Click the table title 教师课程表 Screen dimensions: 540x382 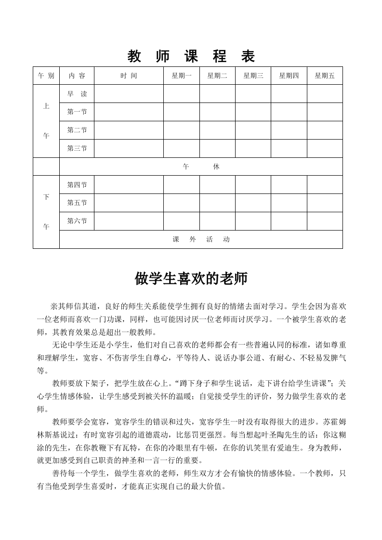pyautogui.click(x=191, y=57)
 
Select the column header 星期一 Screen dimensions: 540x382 pyautogui.click(x=182, y=76)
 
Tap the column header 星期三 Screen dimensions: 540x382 pyautogui.click(x=253, y=76)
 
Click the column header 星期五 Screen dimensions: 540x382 pyautogui.click(x=325, y=76)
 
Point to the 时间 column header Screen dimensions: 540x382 pyautogui.click(x=129, y=76)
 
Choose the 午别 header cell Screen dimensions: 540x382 pyautogui.click(x=46, y=76)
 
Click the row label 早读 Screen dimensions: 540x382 pyautogui.click(x=77, y=94)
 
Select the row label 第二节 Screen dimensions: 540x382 pyautogui.click(x=77, y=130)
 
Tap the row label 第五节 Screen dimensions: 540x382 pyautogui.click(x=77, y=203)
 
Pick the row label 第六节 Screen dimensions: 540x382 pyautogui.click(x=77, y=221)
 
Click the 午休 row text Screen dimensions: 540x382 pyautogui.click(x=201, y=167)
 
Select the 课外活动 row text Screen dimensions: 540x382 pyautogui.click(x=201, y=239)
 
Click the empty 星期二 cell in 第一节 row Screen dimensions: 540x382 pyautogui.click(x=217, y=112)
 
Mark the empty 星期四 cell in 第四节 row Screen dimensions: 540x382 pyautogui.click(x=289, y=185)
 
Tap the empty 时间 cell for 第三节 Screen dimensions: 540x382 pyautogui.click(x=129, y=148)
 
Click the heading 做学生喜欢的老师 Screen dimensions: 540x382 pyautogui.click(x=191, y=279)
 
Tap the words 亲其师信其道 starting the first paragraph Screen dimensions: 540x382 pyautogui.click(x=75, y=307)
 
